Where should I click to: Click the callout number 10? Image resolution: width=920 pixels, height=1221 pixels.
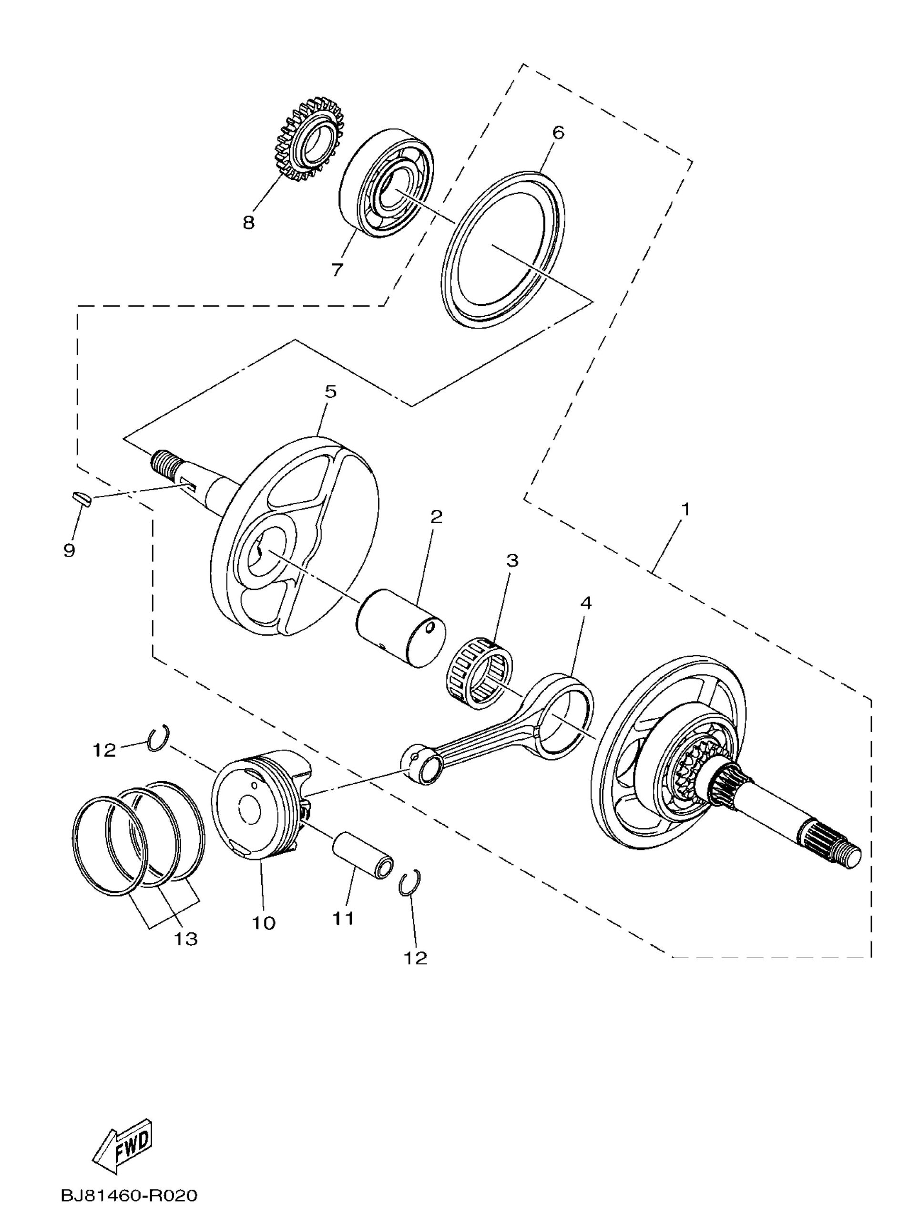click(x=264, y=923)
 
